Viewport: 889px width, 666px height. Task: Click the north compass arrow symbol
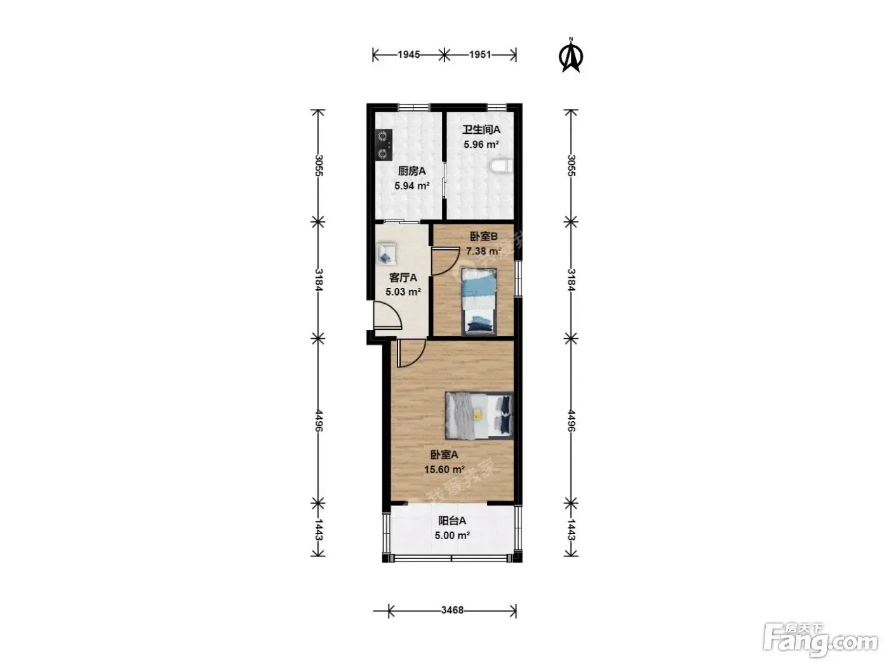[571, 56]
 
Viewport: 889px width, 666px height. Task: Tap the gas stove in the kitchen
[100, 145]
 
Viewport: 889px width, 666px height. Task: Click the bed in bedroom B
[479, 301]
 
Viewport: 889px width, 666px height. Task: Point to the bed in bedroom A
[479, 415]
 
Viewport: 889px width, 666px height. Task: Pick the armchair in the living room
[102, 254]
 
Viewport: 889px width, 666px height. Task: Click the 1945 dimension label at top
[409, 55]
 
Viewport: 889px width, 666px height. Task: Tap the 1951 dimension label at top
[480, 55]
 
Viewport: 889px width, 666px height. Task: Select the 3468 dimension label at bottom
[452, 610]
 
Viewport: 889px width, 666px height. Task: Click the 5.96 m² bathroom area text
[481, 145]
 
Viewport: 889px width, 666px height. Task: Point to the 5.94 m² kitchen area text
[412, 186]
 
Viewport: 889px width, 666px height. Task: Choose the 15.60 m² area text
[444, 469]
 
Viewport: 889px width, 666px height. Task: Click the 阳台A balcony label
[452, 521]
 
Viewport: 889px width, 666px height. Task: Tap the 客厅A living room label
[403, 278]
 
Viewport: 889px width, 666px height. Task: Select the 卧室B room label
[484, 236]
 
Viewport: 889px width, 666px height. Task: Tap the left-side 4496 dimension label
[318, 421]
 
